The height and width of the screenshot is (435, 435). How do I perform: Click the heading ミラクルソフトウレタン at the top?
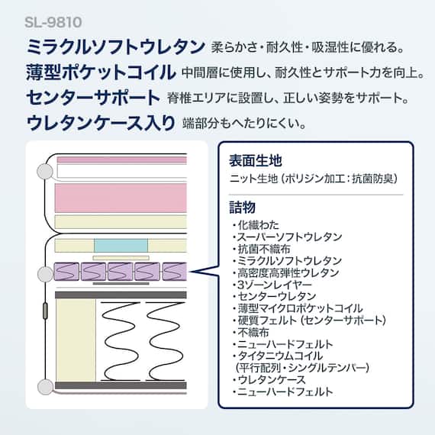(115, 47)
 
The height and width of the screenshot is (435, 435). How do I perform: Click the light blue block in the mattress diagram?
(120, 246)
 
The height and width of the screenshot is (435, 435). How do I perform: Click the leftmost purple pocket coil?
(67, 271)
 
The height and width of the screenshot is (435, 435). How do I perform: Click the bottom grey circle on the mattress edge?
(45, 387)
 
